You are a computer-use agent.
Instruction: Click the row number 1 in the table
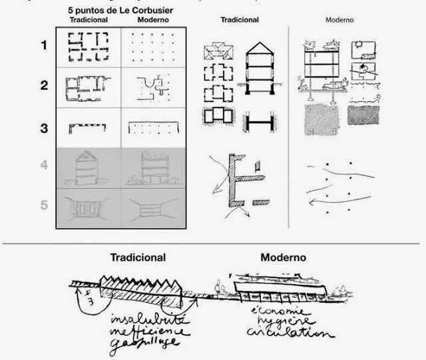pyautogui.click(x=45, y=46)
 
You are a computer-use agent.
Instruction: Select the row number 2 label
pyautogui.click(x=45, y=86)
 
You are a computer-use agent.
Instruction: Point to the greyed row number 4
pyautogui.click(x=45, y=164)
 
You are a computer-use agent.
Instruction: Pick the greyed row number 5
pyautogui.click(x=45, y=205)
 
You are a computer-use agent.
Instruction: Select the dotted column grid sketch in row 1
pyautogui.click(x=154, y=47)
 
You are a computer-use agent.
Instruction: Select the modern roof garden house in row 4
pyautogui.click(x=153, y=166)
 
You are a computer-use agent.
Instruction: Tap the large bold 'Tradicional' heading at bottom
pyautogui.click(x=138, y=257)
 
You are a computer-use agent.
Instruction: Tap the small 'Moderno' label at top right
pyautogui.click(x=339, y=21)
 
